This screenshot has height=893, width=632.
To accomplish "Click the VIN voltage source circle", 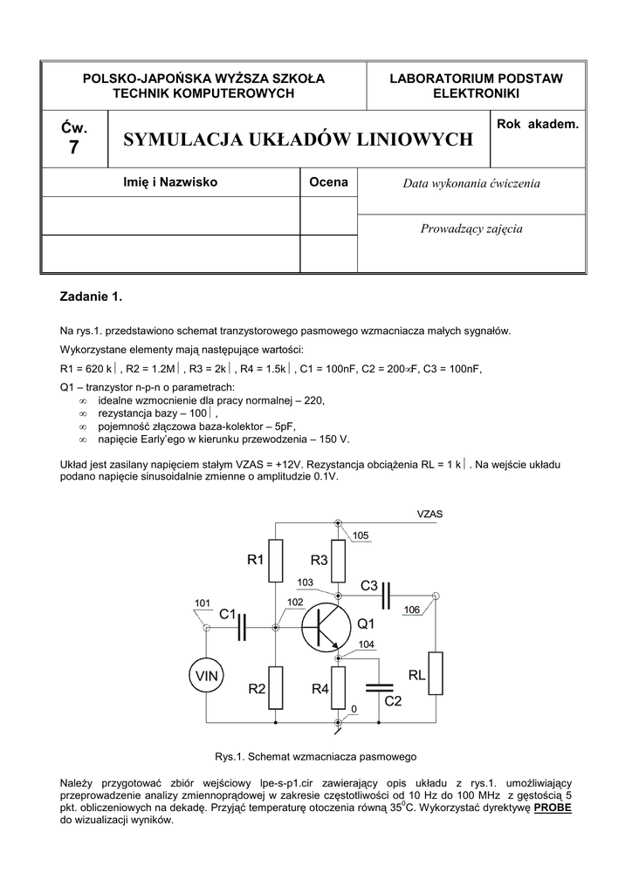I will coord(207,675).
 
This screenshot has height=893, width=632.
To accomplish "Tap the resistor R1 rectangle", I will coord(276,561).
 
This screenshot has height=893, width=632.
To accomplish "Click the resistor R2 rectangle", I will coord(276,688).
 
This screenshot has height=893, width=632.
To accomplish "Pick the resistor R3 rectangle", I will coord(339,561).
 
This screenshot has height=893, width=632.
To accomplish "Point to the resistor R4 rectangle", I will coord(339,688).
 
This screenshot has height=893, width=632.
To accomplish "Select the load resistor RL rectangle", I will coord(436,675).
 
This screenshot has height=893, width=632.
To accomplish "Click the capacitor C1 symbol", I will coord(244,625).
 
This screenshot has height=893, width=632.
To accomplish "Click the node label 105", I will coord(361,535).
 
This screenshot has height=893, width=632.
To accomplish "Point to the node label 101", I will coord(202,603).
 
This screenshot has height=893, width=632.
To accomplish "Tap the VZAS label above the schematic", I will coord(429,515).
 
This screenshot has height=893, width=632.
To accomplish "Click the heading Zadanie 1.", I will coord(92,297).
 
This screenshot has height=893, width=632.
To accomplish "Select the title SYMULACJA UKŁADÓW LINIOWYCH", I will coord(299,140).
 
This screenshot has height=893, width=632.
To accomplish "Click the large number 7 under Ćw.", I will coord(73,148).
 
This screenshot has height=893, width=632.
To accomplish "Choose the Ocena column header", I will coord(328,182).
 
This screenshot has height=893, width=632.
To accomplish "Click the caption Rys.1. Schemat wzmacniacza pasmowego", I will coord(315,755).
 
